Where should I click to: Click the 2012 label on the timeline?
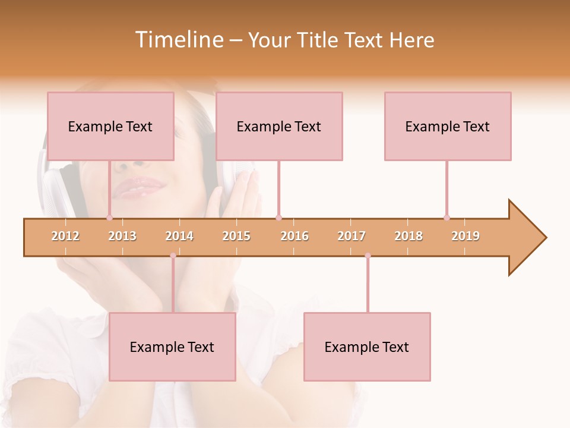[x=65, y=236]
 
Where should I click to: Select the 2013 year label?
[x=122, y=236]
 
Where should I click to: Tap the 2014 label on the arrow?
[x=179, y=236]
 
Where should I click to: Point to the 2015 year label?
[x=236, y=236]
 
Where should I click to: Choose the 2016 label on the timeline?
[x=294, y=236]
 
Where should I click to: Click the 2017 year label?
[x=351, y=236]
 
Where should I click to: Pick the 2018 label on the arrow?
[x=408, y=236]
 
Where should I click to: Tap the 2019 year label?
[x=465, y=236]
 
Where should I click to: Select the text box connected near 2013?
[x=110, y=126]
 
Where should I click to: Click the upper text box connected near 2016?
[x=279, y=126]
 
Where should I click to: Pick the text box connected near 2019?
[x=448, y=126]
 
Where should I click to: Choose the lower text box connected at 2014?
[x=172, y=347]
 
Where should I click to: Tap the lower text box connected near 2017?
[x=367, y=347]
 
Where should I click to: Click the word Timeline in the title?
[x=179, y=40]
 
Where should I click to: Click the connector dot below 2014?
[x=173, y=256]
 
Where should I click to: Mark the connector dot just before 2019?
[x=446, y=218]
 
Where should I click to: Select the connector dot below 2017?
[x=368, y=256]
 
